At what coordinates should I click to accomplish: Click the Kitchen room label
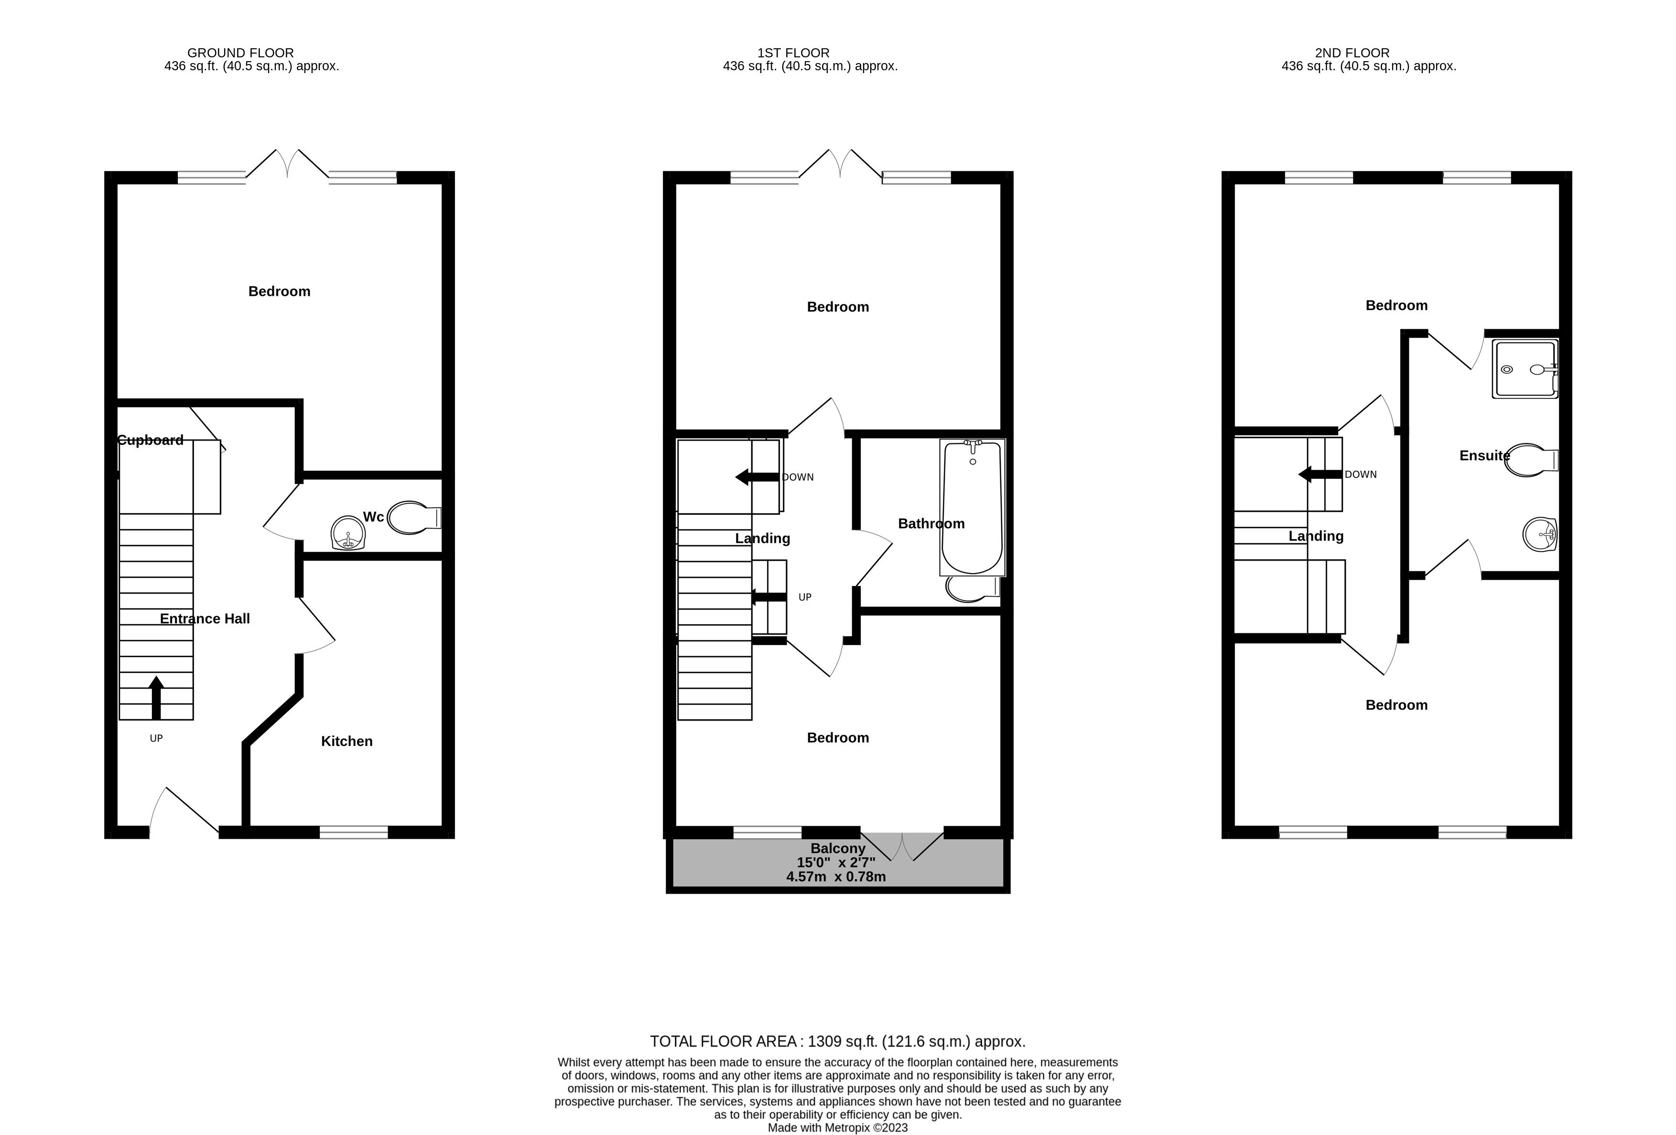point(347,741)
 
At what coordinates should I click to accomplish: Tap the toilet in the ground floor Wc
point(414,518)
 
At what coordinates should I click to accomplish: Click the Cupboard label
point(150,440)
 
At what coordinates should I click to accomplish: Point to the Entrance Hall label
point(205,619)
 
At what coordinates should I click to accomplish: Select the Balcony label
point(838,849)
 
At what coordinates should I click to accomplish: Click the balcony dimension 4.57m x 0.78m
point(836,877)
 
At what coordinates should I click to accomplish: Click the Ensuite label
point(1485,456)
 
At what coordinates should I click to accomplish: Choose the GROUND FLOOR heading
point(240,53)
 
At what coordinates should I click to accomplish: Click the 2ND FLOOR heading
point(1352,53)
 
